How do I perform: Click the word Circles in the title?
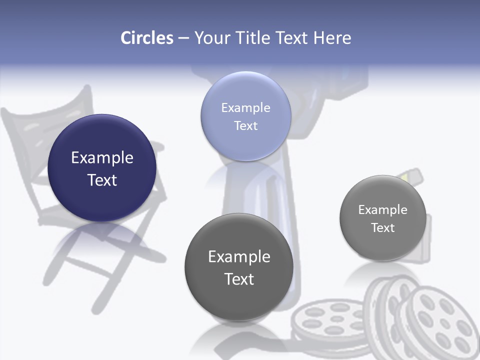point(147,38)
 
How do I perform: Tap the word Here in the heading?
point(332,38)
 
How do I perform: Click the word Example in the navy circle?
point(102,158)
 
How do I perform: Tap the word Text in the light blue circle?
point(245,126)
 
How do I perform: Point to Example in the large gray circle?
point(239,257)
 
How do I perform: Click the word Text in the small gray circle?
point(383,228)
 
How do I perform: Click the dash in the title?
point(183,38)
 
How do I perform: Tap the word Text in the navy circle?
point(102,180)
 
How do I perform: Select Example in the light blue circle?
point(245,108)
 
